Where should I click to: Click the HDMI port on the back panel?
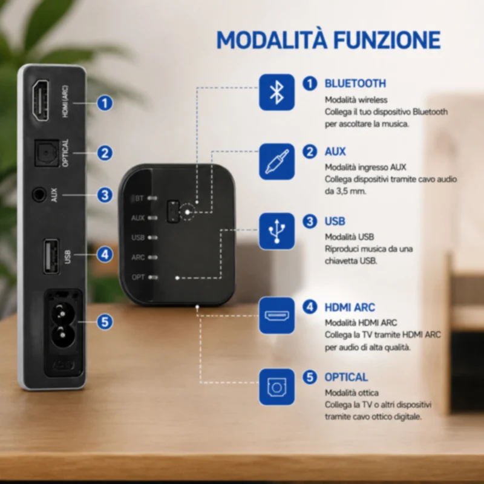41,100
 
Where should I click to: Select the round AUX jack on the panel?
39,195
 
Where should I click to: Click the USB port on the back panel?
51,256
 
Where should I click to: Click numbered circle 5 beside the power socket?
105,322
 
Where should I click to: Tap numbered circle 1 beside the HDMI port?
105,103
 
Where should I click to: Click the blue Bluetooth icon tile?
276,92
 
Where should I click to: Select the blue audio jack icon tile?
276,162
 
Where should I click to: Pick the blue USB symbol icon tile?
276,231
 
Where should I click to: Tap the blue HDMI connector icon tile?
276,315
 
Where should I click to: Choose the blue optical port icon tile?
276,387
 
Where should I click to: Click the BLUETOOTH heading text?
355,83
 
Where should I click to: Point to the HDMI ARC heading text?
350,307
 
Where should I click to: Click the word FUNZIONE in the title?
387,40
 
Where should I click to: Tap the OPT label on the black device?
138,277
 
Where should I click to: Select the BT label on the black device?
139,198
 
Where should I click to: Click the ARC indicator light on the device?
152,258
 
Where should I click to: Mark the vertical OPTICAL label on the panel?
65,153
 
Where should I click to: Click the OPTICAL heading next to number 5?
346,377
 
